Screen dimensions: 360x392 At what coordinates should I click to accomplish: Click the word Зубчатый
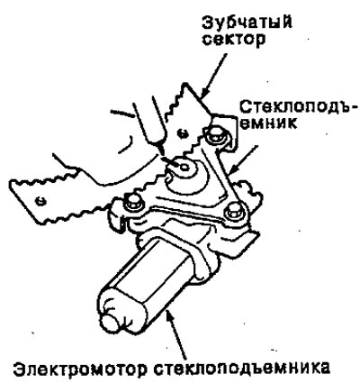coord(247,22)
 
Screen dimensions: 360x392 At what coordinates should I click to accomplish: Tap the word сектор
coord(234,40)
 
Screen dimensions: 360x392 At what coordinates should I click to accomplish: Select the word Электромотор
coord(80,368)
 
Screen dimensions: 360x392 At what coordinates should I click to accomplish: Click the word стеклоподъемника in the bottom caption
coord(241,368)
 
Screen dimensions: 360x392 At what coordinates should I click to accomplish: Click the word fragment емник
coord(269,123)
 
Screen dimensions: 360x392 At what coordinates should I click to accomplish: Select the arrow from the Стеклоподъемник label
coord(243,160)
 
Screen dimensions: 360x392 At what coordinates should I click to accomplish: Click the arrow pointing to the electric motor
coord(177,333)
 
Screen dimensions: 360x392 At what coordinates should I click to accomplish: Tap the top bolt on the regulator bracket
coord(215,134)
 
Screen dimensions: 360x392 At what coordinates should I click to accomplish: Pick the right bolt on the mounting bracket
coord(234,211)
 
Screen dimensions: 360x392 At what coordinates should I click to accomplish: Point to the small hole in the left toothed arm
coord(40,200)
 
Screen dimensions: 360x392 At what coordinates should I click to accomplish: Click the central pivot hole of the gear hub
coord(183,166)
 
